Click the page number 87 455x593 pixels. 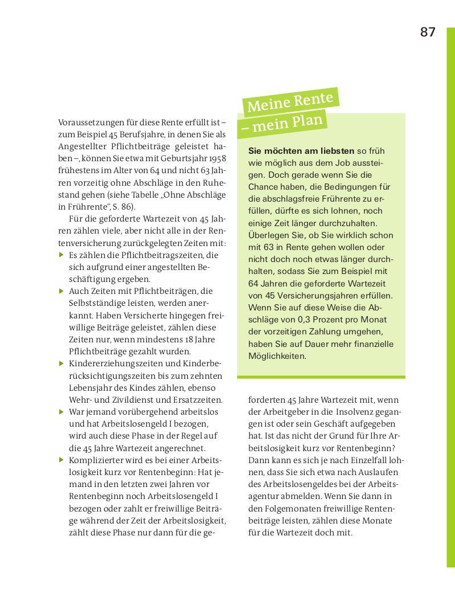click(x=428, y=32)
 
